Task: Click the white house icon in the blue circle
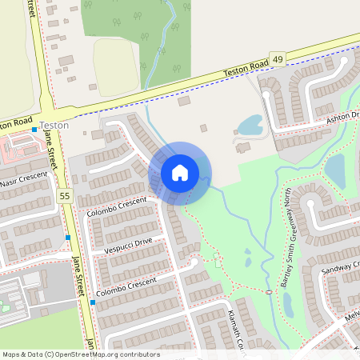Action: pos(179,172)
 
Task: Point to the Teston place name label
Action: pos(54,126)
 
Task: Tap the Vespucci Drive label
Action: pos(127,245)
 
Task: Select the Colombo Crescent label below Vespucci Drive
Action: pos(126,287)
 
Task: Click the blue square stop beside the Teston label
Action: pos(34,129)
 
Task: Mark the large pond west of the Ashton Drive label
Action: pos(250,125)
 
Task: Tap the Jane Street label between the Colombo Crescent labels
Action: pos(78,275)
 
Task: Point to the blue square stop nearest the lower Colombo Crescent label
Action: pos(93,303)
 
